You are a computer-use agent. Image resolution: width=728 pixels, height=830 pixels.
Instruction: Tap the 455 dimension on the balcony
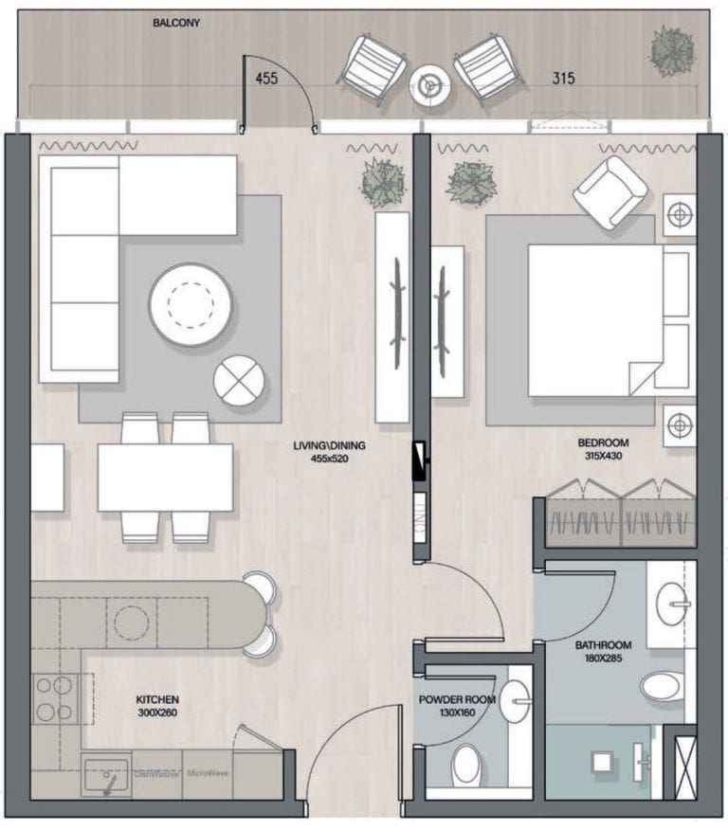266,79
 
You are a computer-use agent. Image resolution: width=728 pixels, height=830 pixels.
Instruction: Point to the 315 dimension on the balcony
565,79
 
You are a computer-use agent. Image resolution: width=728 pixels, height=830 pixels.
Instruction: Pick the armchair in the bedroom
610,192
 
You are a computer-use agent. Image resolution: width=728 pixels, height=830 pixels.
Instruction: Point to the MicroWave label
209,773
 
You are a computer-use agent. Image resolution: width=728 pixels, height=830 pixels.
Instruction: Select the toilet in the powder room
466,763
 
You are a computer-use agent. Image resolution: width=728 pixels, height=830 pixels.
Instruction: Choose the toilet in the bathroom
662,686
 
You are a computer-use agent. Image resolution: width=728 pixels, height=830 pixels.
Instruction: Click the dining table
165,478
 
